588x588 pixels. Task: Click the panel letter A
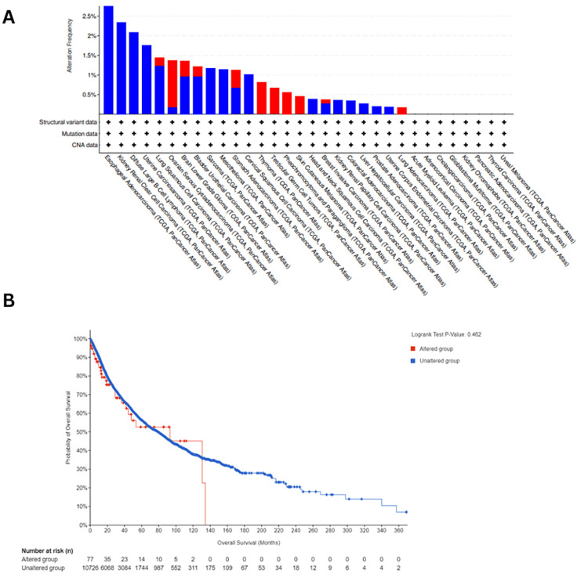click(x=9, y=16)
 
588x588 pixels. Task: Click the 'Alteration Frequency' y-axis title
click(x=71, y=54)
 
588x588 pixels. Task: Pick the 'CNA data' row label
click(x=86, y=145)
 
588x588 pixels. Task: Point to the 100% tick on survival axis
click(x=78, y=338)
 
